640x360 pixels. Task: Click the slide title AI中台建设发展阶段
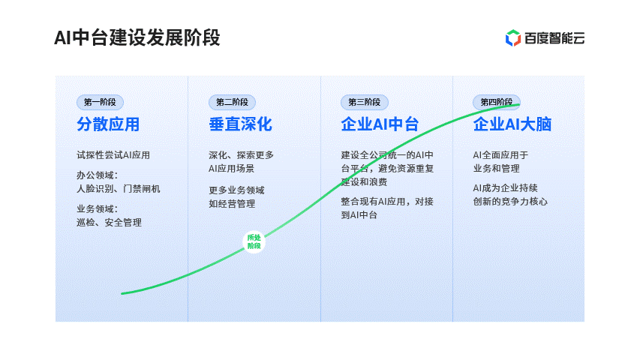tap(137, 38)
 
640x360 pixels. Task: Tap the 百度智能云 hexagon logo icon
tap(513, 38)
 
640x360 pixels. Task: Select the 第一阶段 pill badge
tap(100, 102)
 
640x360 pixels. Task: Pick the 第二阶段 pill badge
tap(233, 102)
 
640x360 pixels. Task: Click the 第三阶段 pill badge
tap(365, 102)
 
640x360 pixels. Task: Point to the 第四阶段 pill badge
tap(497, 102)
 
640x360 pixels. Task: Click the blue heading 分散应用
tap(108, 124)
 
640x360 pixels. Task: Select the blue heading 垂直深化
tap(240, 124)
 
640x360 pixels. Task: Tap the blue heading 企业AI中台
tap(380, 124)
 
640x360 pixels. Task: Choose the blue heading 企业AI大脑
tap(512, 124)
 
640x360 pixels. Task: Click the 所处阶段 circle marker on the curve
tap(254, 241)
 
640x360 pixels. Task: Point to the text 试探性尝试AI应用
tap(113, 155)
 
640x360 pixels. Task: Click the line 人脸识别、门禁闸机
tap(119, 188)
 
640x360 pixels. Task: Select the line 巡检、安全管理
tap(110, 223)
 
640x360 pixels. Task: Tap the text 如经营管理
tap(232, 204)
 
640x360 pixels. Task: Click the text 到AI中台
tap(359, 214)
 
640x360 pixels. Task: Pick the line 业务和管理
tap(497, 169)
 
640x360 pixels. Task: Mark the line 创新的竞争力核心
tap(510, 201)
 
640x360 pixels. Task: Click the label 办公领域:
tap(97, 175)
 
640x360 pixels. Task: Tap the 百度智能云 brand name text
tap(554, 38)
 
